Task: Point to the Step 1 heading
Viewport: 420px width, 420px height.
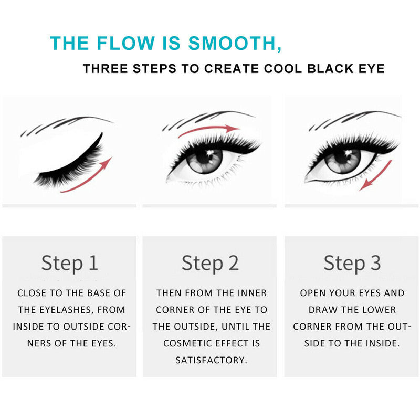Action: point(70,262)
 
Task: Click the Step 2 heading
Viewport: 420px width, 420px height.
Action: point(210,262)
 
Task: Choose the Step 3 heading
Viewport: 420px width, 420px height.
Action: point(352,262)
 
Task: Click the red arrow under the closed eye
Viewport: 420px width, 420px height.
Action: point(89,178)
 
